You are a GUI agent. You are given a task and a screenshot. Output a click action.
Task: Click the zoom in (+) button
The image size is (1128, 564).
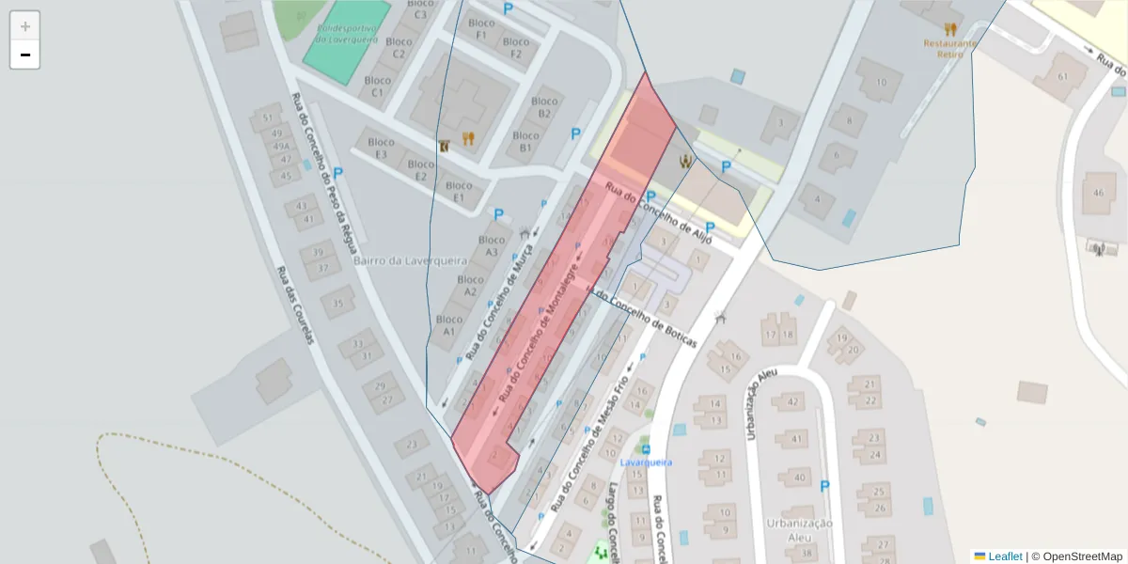25,26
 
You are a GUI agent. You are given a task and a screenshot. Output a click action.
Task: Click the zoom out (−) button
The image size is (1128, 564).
25,55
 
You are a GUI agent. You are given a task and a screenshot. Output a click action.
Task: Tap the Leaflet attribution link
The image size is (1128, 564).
1005,556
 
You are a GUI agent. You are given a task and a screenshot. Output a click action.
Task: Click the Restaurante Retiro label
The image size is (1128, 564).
950,48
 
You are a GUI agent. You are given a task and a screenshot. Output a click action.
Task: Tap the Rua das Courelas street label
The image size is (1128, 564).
294,305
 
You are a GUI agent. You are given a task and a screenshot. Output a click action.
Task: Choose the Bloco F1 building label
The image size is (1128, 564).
481,29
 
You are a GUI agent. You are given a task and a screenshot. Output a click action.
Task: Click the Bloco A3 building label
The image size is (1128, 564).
492,245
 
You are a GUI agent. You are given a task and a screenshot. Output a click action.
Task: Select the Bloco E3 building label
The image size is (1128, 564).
381,149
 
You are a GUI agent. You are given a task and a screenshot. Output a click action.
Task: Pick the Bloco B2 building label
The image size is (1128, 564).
544,107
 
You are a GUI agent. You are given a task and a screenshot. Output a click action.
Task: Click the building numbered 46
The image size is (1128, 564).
1098,193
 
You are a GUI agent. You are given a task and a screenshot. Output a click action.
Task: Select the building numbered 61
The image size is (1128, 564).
1063,76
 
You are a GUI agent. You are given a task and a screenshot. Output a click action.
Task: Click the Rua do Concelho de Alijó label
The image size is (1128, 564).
659,211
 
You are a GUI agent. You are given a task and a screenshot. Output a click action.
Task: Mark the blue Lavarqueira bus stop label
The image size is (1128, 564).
646,462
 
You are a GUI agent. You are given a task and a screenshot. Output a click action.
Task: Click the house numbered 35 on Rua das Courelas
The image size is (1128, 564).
337,303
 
